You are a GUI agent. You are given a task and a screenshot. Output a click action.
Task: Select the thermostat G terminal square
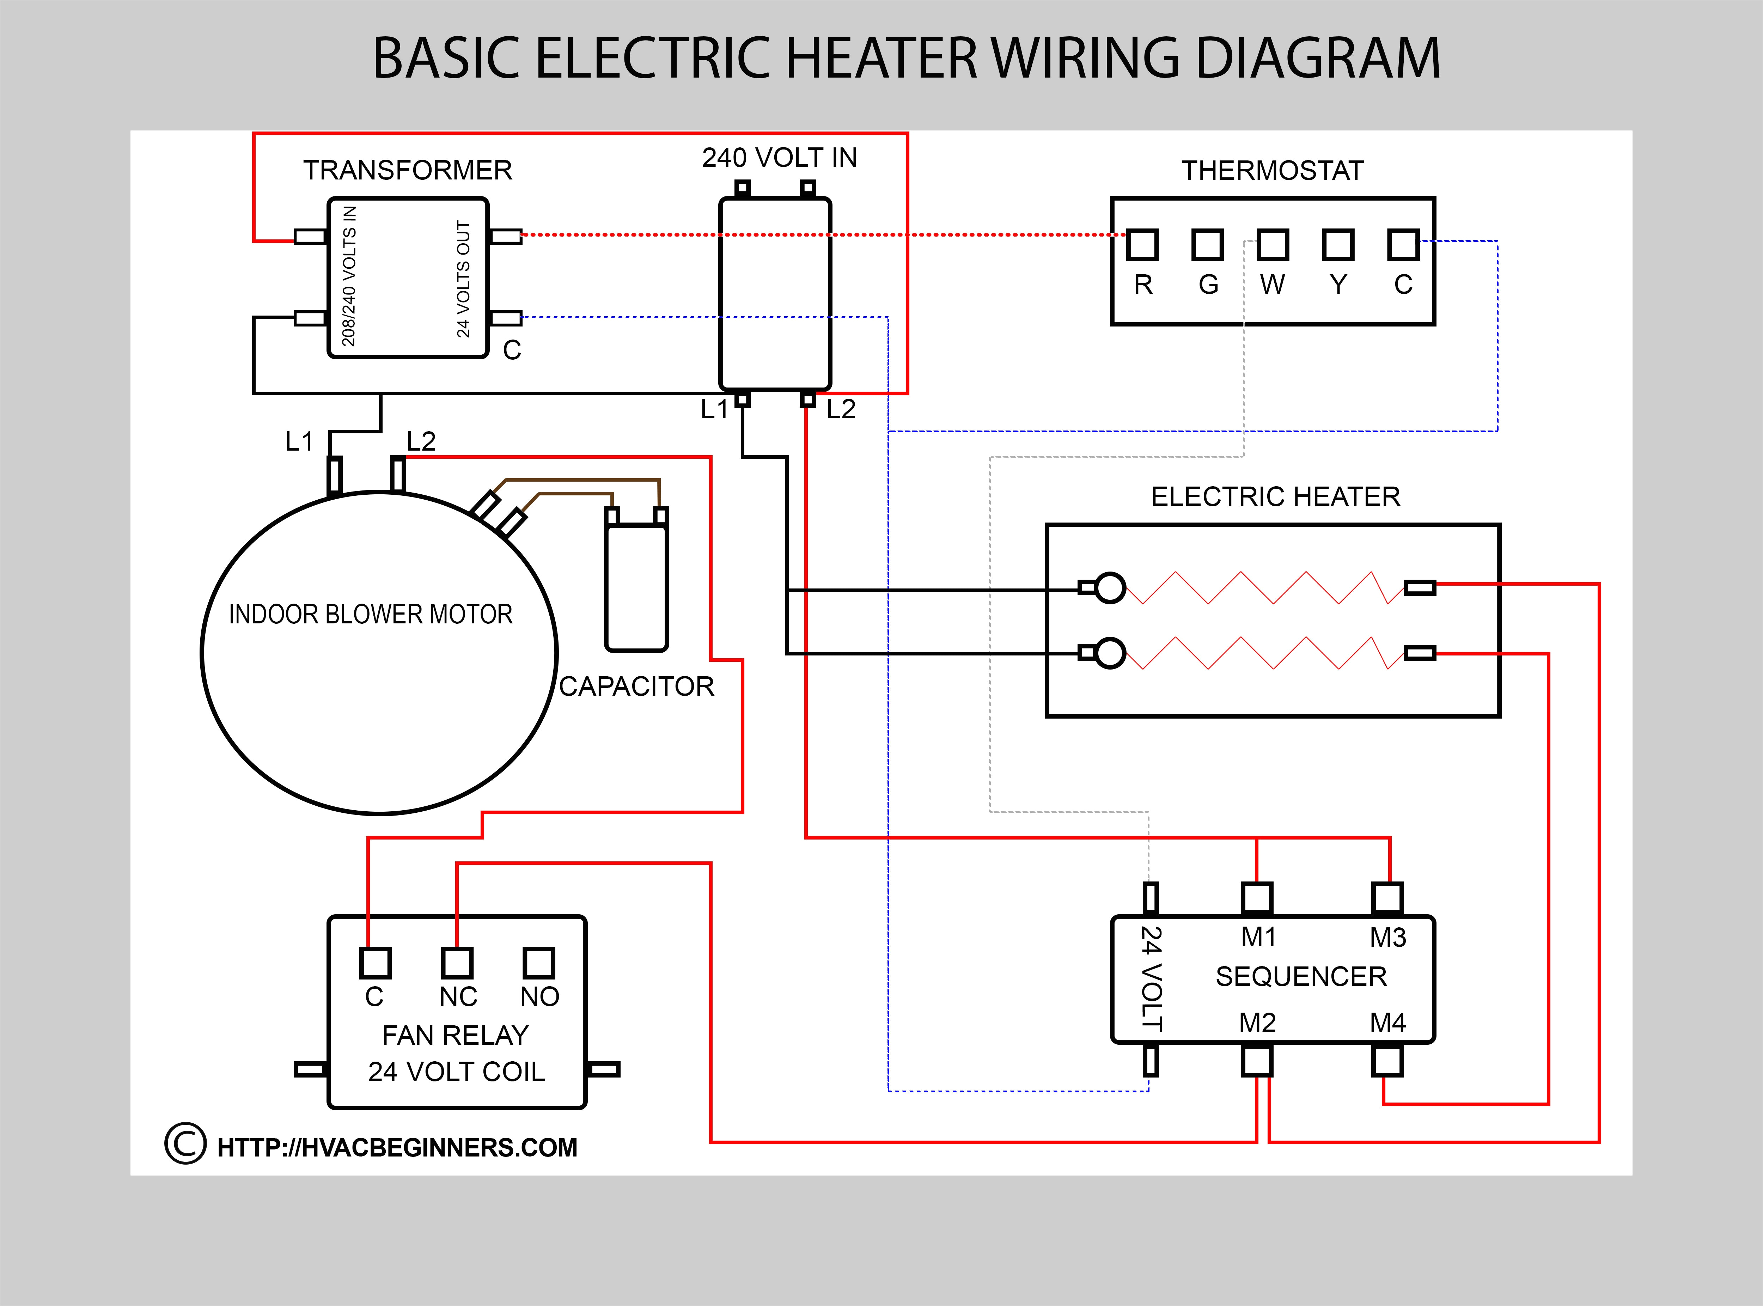[x=1207, y=245]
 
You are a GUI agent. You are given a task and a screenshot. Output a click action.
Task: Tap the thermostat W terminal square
[x=1273, y=245]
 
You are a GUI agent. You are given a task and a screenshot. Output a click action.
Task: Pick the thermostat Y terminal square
[x=1338, y=245]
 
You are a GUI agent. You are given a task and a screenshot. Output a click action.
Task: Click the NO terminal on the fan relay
[x=538, y=963]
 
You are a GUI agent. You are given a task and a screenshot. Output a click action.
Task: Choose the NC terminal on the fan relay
[x=457, y=963]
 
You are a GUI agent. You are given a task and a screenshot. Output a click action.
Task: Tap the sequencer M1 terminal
[x=1257, y=898]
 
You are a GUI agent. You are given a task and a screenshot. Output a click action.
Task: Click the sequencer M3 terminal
[x=1387, y=898]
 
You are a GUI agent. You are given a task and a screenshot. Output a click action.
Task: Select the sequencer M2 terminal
[x=1257, y=1061]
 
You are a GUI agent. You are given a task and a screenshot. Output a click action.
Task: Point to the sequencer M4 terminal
[x=1387, y=1061]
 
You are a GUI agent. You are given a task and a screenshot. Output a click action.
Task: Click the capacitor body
[x=636, y=585]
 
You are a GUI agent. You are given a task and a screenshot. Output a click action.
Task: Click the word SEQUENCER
[x=1300, y=976]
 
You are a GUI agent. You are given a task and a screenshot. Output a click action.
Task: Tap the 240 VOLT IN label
[x=780, y=158]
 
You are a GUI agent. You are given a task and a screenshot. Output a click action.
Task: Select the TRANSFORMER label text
[x=407, y=170]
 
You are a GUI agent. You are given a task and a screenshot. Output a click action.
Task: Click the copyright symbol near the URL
[x=185, y=1144]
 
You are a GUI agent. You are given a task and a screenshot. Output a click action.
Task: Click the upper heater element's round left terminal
[x=1110, y=587]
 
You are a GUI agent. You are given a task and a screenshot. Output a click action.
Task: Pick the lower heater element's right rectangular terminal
[x=1420, y=653]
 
